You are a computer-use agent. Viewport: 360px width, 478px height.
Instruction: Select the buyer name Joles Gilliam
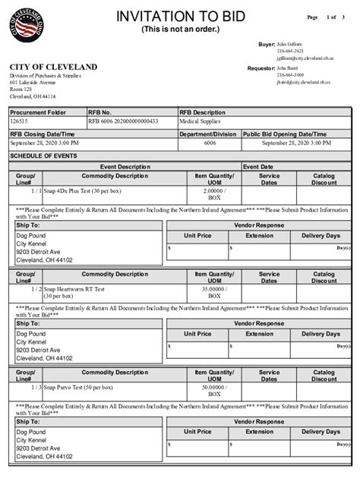click(x=289, y=45)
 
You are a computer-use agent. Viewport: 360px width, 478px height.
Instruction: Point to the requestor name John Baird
click(x=288, y=68)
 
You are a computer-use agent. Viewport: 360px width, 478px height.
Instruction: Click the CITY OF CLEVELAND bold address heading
click(x=54, y=68)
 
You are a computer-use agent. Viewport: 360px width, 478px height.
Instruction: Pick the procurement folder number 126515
click(x=20, y=121)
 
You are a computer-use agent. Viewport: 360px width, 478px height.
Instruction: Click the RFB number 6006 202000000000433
click(x=122, y=121)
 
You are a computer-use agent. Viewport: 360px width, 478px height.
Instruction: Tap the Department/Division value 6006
click(x=210, y=143)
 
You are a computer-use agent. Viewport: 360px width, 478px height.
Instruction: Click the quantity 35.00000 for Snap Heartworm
click(x=213, y=288)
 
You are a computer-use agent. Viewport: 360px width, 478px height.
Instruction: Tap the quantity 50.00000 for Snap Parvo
click(x=213, y=387)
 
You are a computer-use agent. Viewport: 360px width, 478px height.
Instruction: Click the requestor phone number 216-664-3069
click(x=290, y=75)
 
